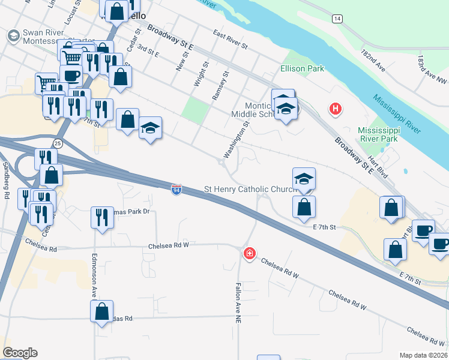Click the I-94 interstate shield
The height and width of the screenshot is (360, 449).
point(176,190)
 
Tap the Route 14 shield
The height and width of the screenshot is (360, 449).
point(338,19)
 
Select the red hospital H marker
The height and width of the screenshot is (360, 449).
point(335,109)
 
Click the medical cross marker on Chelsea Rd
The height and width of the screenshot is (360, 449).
point(249,254)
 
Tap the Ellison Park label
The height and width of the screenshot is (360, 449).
point(302,68)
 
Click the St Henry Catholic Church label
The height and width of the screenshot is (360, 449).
point(250,190)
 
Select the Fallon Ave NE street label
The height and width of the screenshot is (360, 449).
point(238,303)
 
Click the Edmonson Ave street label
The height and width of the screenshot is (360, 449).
point(94,275)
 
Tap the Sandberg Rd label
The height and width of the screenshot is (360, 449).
point(6,181)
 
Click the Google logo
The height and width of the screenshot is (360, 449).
point(20,353)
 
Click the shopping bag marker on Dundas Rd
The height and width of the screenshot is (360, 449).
point(101,311)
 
